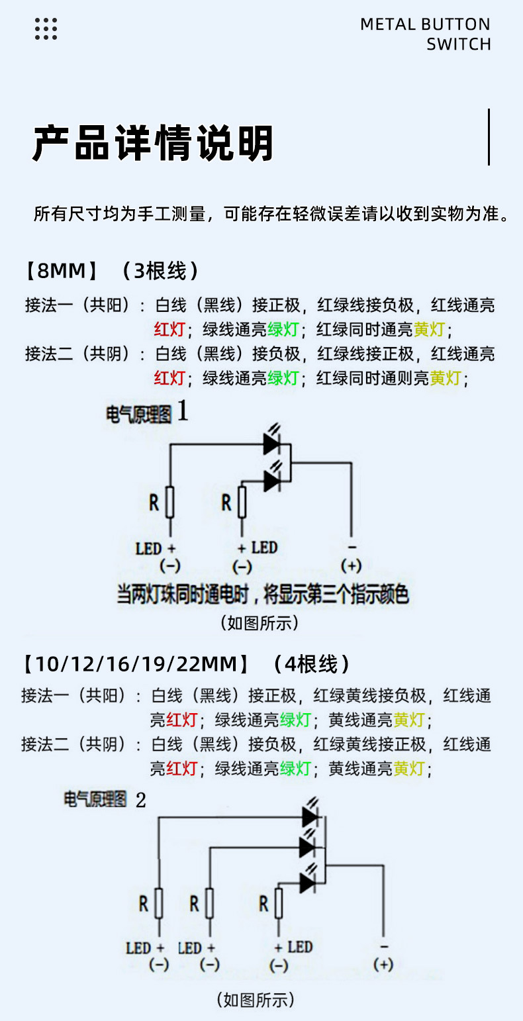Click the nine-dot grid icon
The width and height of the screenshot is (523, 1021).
click(x=46, y=28)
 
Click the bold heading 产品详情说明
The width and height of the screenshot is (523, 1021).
click(x=153, y=142)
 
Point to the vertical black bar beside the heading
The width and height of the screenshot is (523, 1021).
click(x=489, y=137)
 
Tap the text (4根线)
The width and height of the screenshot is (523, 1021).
click(x=311, y=663)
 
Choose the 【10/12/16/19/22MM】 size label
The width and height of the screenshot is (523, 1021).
click(x=136, y=663)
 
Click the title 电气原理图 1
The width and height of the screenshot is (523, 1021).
click(x=147, y=413)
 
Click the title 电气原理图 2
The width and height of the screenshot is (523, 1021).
click(x=105, y=799)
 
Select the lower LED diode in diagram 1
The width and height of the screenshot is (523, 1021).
click(x=273, y=480)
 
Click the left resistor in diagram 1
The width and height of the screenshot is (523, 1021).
click(x=170, y=502)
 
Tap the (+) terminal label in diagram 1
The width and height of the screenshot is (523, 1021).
click(x=351, y=565)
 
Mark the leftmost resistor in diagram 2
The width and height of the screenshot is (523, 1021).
click(x=159, y=903)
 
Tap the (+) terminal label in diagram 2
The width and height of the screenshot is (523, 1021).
click(x=383, y=965)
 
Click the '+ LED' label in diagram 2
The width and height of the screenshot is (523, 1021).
click(x=293, y=947)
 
